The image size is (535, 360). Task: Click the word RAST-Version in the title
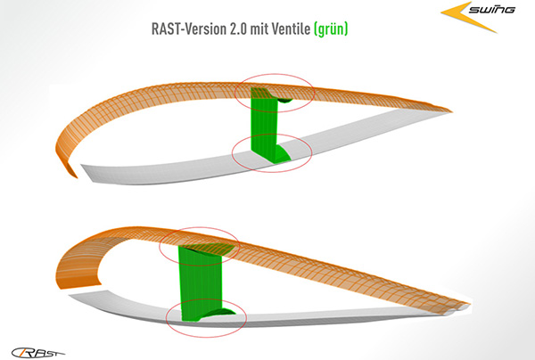point(189,29)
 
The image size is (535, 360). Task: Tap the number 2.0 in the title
point(238,29)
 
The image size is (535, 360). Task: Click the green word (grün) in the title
point(331,29)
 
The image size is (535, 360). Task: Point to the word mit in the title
point(259,29)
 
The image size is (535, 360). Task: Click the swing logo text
point(491,9)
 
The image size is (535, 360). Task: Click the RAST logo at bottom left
point(37,353)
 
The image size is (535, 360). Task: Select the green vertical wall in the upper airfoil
point(264,125)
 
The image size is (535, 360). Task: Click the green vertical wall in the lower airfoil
point(201,283)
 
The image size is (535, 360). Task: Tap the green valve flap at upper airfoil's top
point(284,100)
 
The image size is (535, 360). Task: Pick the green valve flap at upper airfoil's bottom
point(283,153)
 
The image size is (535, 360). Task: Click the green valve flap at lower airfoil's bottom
point(218,313)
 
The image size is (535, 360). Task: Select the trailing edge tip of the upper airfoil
point(451,110)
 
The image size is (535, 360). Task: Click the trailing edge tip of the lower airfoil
point(469,303)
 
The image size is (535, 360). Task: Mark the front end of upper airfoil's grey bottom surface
point(82,166)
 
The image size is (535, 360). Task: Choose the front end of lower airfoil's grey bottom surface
point(70,295)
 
